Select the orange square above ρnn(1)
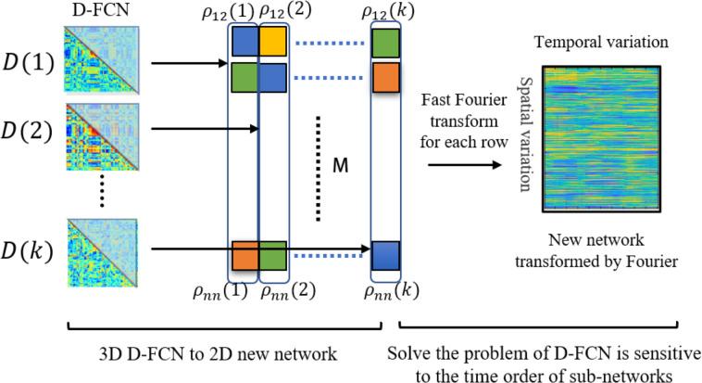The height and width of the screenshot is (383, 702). tap(244, 254)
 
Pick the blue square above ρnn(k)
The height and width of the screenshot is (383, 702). tap(386, 254)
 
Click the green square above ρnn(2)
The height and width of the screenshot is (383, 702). tap(273, 254)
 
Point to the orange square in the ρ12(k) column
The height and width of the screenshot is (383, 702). tap(386, 76)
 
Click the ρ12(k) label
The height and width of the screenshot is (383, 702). tap(386, 12)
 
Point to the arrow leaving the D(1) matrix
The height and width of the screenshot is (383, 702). tap(186, 64)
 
